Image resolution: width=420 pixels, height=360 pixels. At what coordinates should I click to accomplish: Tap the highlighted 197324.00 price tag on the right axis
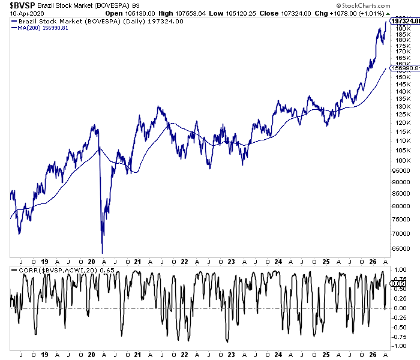click(406, 21)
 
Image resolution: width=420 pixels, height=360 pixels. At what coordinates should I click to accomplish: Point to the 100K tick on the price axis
click(400, 160)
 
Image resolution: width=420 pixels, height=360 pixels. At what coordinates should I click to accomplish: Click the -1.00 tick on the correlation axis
click(400, 346)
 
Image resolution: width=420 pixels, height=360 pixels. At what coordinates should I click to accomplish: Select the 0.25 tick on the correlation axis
click(399, 298)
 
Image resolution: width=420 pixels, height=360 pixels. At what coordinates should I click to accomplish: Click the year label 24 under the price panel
click(278, 262)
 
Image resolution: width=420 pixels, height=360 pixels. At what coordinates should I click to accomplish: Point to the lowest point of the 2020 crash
click(102, 253)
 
